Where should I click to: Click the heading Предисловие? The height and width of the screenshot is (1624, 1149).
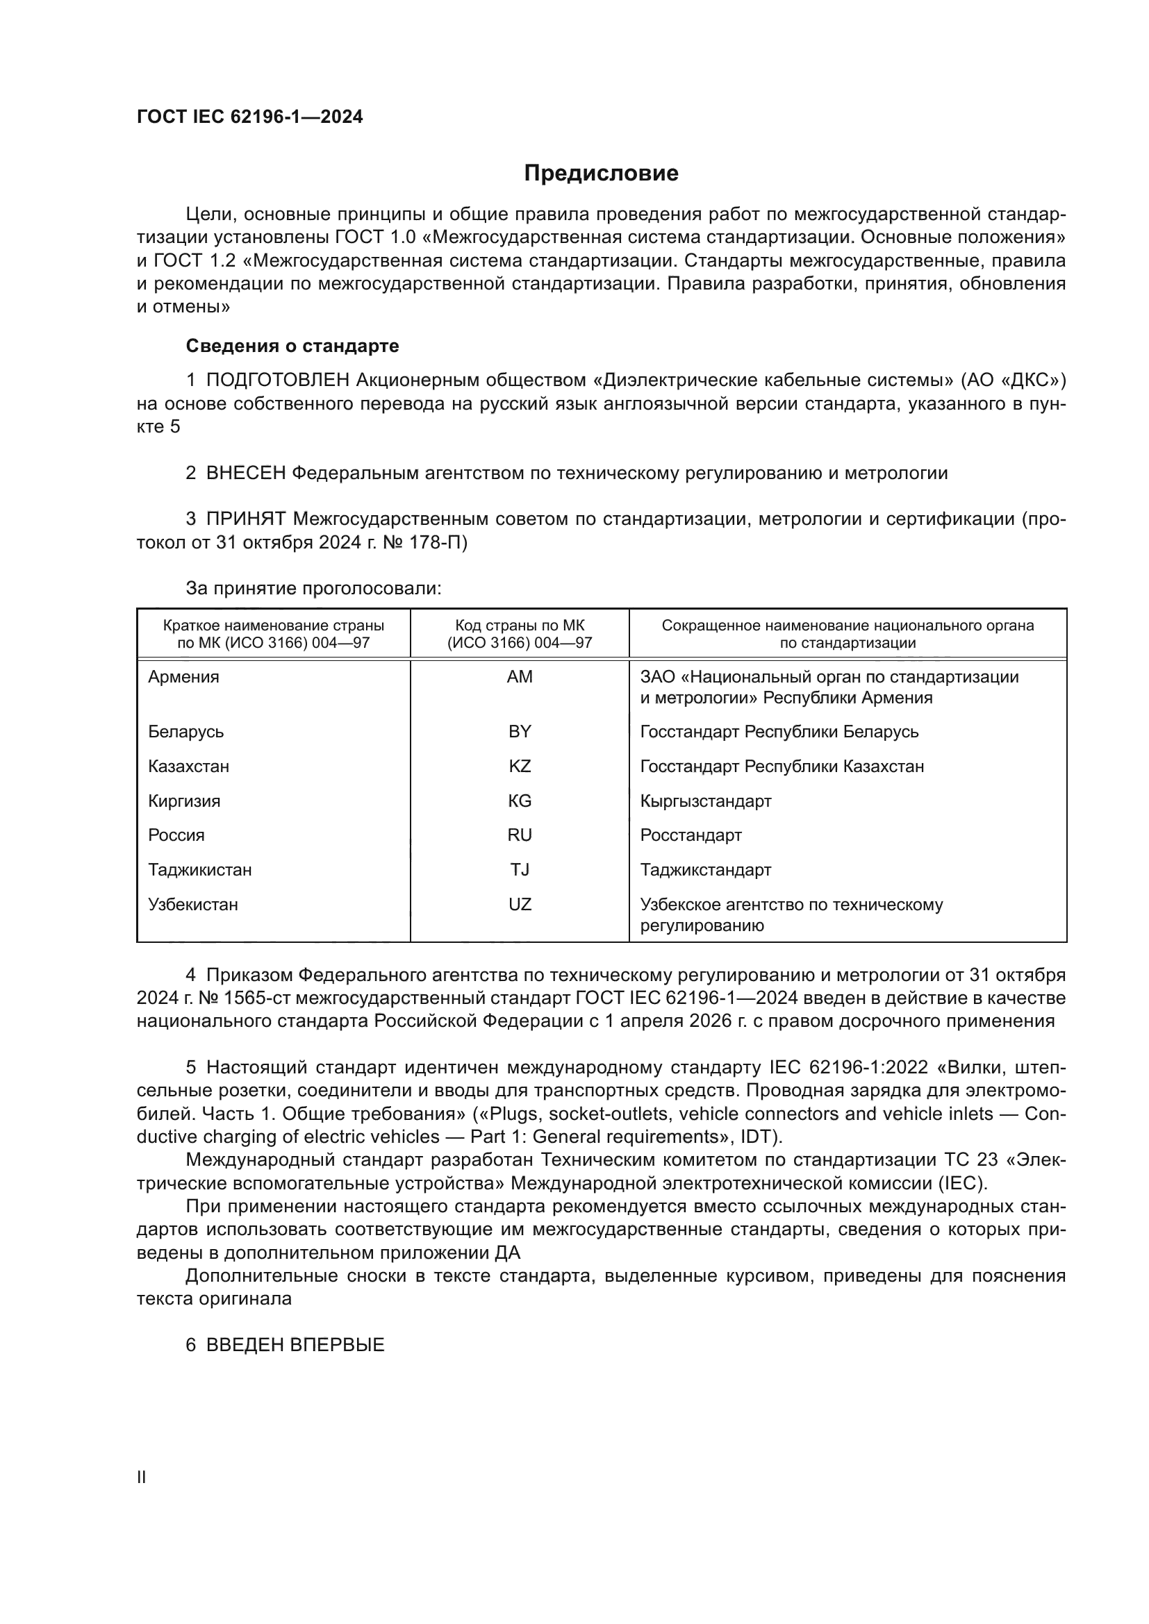601,174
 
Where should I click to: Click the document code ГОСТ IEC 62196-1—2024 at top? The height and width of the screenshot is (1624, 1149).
250,117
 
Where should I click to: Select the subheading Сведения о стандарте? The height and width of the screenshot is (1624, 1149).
292,346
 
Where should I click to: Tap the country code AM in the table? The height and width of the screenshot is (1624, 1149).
520,677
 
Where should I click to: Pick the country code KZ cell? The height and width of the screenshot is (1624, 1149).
520,766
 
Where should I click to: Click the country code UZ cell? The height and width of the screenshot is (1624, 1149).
520,904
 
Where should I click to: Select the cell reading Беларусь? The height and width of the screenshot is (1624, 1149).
186,731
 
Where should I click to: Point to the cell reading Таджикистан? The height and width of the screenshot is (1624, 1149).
199,869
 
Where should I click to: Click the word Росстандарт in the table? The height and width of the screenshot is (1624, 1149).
691,835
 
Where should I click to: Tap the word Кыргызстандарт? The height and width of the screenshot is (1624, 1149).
705,801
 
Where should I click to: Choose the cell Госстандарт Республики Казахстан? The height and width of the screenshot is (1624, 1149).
782,766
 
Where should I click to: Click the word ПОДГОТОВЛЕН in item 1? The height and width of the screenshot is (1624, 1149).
277,380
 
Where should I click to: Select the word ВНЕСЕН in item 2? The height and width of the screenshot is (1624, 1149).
245,474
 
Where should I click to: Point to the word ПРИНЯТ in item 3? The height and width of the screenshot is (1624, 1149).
245,519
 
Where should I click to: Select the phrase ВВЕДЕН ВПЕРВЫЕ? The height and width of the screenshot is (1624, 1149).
295,1345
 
